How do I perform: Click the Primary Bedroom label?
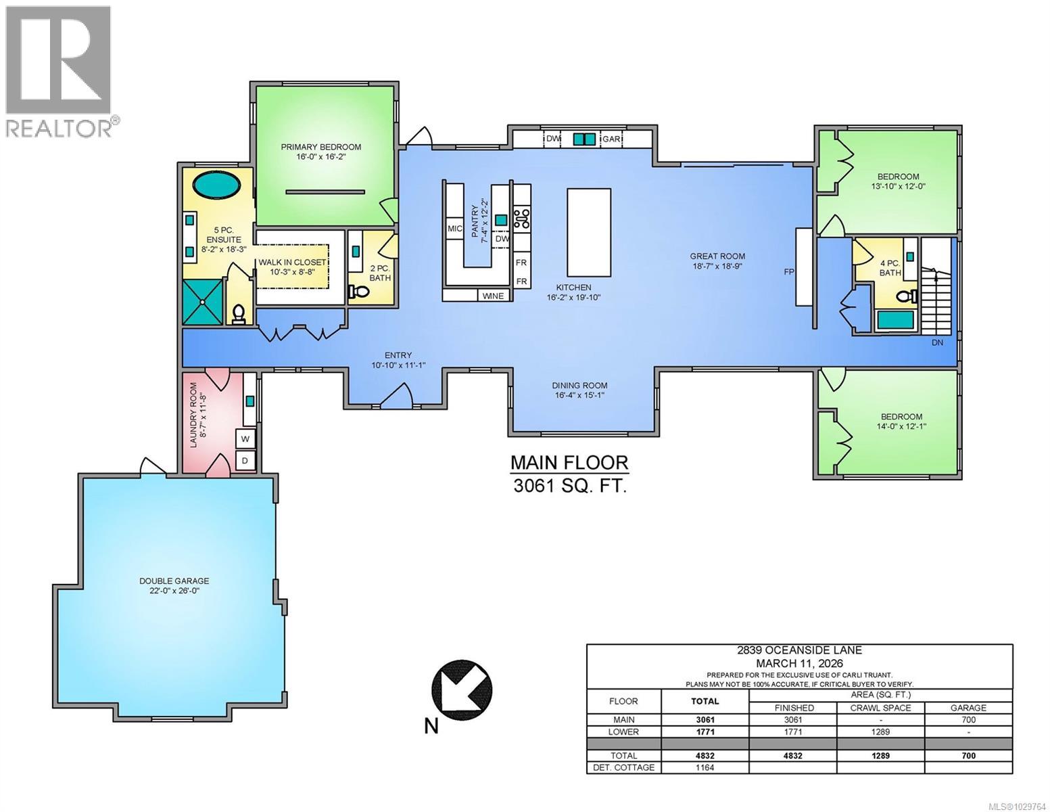[321, 147]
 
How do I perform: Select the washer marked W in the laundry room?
[245, 439]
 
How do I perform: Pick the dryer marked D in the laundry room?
[245, 461]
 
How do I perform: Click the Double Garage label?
[174, 581]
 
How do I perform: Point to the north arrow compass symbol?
[462, 690]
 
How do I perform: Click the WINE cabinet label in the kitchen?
[494, 296]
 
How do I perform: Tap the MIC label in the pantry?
[454, 229]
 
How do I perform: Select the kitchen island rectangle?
[588, 230]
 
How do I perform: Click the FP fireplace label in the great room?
[788, 272]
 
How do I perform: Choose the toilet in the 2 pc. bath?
[359, 292]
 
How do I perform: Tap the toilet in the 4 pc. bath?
[908, 296]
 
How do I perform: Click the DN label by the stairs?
[937, 342]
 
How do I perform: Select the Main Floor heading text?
[569, 463]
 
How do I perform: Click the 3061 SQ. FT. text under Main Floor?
[569, 486]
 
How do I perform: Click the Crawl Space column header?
[880, 708]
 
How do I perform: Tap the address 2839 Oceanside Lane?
[799, 650]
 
